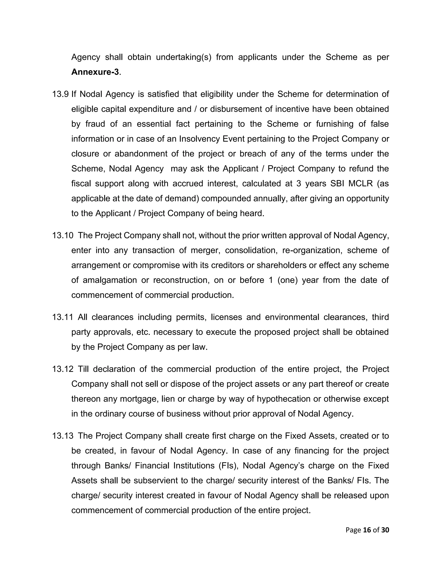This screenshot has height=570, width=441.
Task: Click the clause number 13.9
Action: click(x=60, y=94)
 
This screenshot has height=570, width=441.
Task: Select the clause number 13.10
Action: click(x=63, y=235)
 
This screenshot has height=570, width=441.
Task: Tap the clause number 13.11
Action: click(x=63, y=317)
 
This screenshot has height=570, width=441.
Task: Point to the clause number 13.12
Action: click(x=63, y=369)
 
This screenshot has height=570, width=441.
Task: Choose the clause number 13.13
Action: click(x=63, y=436)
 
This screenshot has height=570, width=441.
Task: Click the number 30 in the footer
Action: click(x=385, y=530)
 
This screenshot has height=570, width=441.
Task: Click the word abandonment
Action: click(x=141, y=154)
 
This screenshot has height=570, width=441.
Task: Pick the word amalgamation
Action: click(x=110, y=280)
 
